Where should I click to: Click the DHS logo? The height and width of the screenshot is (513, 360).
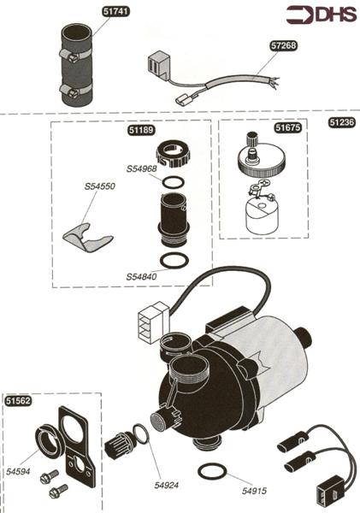tap(322, 15)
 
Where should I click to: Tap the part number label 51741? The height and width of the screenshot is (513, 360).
tap(115, 11)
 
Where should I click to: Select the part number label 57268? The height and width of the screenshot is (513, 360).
tap(283, 45)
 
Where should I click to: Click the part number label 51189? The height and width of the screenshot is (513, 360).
tap(141, 130)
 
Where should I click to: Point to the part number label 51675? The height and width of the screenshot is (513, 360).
tap(287, 127)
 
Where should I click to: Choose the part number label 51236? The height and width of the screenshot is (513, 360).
tap(342, 122)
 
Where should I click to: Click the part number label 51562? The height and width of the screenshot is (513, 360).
tap(18, 401)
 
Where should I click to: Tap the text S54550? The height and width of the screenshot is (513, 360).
tap(99, 186)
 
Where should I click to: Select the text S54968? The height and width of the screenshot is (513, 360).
tap(141, 168)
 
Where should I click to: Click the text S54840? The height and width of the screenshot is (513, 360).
tap(141, 277)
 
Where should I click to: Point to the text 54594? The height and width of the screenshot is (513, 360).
tap(18, 471)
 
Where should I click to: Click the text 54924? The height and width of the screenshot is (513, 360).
tap(167, 485)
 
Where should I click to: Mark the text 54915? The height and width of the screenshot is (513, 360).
tap(254, 491)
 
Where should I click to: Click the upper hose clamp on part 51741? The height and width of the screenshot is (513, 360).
tap(76, 55)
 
